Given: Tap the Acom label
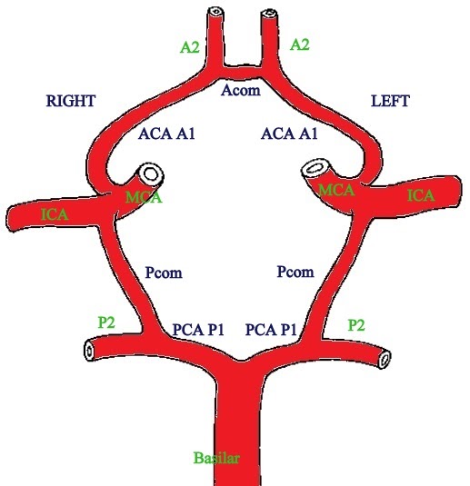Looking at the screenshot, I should point(240,89).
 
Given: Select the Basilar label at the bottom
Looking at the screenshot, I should point(218,456).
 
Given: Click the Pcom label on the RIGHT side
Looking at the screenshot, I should point(165,272).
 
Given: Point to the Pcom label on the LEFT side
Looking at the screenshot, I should point(295,272).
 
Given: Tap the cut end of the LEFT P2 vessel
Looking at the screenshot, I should point(385,361).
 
